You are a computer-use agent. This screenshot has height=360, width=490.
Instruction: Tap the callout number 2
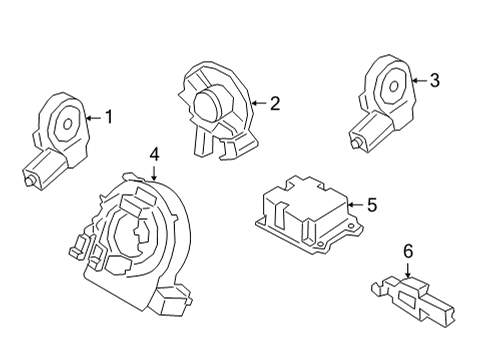(x=274, y=101)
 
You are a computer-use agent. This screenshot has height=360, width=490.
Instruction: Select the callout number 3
(x=433, y=81)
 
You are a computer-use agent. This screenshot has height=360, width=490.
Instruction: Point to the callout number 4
(x=154, y=154)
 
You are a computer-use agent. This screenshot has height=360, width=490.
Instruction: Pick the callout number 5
(x=371, y=205)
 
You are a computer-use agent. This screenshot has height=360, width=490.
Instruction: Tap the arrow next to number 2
(x=258, y=101)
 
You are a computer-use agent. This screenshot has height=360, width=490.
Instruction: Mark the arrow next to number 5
(x=354, y=205)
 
